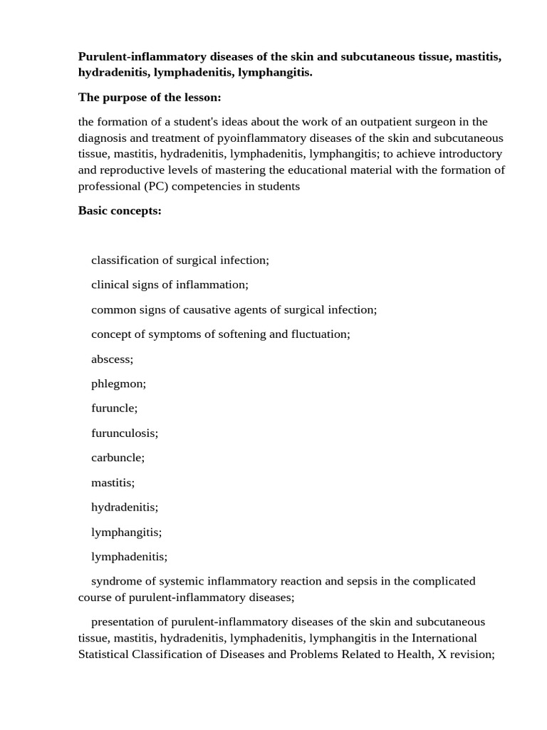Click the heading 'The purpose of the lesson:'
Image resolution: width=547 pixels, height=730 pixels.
click(x=150, y=98)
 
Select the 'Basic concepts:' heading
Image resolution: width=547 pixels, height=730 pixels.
click(x=120, y=211)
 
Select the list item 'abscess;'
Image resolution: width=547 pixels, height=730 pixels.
click(x=112, y=359)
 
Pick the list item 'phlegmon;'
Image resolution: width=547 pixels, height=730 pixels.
click(x=118, y=384)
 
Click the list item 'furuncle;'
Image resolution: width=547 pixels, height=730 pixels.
click(x=114, y=408)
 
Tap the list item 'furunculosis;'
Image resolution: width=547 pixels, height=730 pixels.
click(x=125, y=433)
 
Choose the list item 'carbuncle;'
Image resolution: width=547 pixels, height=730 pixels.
click(x=118, y=458)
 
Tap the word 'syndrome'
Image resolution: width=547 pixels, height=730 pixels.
click(x=115, y=581)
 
